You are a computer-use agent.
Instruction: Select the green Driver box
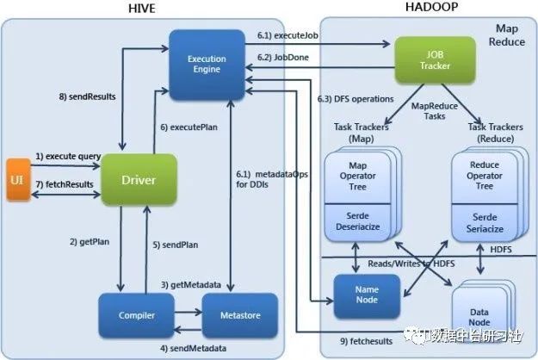[139, 179]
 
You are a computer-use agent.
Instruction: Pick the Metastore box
[240, 316]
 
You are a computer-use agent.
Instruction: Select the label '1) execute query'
[68, 156]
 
